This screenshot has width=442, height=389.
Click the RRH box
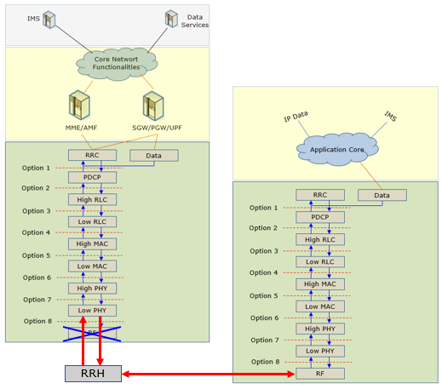pos(93,374)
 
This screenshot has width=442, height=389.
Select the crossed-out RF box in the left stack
pos(92,334)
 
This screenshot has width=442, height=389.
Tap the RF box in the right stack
pos(320,374)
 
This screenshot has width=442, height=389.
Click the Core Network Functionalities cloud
pos(117,64)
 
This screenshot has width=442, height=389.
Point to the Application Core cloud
pos(337,149)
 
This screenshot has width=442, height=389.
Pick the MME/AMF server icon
pos(80,105)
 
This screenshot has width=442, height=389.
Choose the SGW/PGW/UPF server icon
pos(153,106)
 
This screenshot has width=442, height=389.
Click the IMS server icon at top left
pos(49,20)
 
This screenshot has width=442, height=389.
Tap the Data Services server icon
pos(171,19)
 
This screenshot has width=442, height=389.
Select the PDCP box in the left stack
pos(92,177)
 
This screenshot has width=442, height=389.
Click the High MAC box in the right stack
pos(320,284)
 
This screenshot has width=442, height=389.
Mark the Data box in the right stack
pos(382,195)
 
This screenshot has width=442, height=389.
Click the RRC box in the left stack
pos(92,155)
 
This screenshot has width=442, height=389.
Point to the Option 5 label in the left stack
pos(36,255)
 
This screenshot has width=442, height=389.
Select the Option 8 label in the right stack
pos(265,362)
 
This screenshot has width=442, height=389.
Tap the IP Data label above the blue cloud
pos(296,117)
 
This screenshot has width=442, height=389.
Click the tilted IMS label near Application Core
pos(390,117)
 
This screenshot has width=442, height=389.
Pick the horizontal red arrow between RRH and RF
pos(209,374)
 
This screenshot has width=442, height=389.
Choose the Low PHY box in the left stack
pos(92,311)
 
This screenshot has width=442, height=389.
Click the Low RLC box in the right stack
pos(320,262)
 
